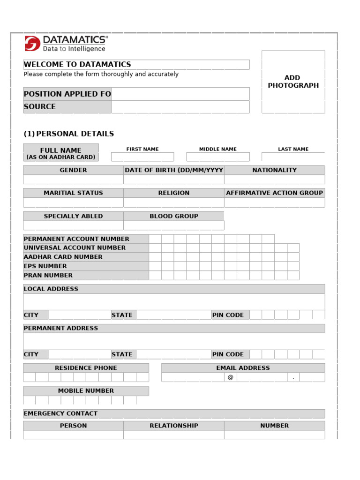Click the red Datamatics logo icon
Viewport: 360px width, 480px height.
click(x=32, y=43)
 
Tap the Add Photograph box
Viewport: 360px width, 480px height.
click(x=293, y=82)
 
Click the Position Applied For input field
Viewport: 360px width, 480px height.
click(x=180, y=94)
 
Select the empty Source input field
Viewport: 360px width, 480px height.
click(x=180, y=107)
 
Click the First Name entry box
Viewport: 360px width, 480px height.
click(x=142, y=157)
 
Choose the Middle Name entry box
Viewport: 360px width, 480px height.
click(x=217, y=157)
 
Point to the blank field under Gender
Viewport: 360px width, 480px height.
click(x=73, y=180)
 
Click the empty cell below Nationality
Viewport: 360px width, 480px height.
click(x=274, y=180)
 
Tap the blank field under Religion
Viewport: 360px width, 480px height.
click(x=173, y=202)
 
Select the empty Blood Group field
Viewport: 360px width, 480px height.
click(x=173, y=225)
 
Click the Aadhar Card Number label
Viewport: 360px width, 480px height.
click(x=63, y=257)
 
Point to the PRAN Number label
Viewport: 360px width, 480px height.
click(x=48, y=275)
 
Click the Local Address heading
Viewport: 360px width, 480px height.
click(x=51, y=289)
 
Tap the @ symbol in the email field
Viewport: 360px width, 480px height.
click(x=230, y=377)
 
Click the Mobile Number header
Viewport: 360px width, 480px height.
click(x=86, y=390)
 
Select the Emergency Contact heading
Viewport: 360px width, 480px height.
click(x=60, y=413)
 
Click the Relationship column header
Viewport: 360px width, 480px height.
click(x=173, y=426)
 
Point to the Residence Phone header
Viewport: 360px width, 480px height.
click(x=86, y=368)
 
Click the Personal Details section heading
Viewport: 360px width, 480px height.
click(x=69, y=134)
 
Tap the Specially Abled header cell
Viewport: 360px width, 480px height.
click(x=73, y=216)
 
